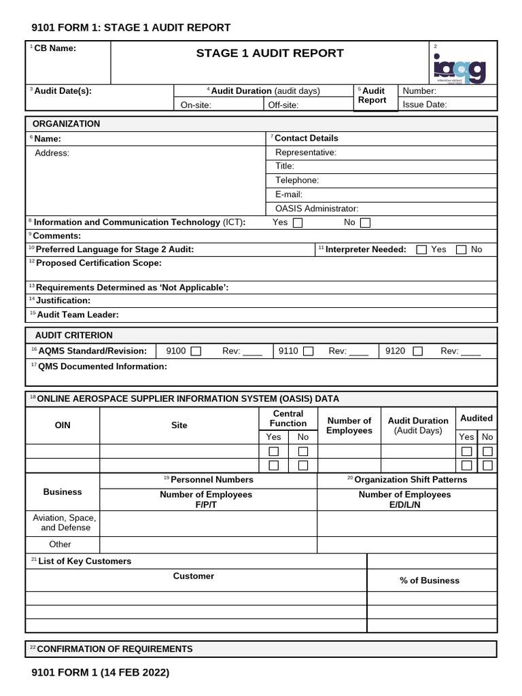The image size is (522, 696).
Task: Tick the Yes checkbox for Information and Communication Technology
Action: click(298, 222)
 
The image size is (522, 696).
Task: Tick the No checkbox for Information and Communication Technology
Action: click(365, 222)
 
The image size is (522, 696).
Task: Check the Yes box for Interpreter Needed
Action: click(421, 249)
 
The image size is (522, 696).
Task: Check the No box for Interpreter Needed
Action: click(462, 249)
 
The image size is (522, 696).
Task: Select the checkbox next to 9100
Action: click(196, 351)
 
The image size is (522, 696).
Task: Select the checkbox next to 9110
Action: click(308, 351)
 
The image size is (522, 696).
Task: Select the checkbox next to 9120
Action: click(417, 351)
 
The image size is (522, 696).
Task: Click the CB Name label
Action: click(54, 48)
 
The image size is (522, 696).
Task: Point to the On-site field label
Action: click(195, 105)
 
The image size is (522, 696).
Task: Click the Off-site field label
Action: click(283, 105)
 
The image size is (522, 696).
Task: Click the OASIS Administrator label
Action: click(317, 209)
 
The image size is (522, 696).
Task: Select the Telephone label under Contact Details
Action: click(297, 180)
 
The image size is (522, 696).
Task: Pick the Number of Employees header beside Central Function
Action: click(349, 425)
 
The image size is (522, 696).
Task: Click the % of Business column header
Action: click(430, 580)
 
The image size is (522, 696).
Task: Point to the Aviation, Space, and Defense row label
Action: click(62, 523)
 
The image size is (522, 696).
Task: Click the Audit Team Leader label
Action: click(77, 315)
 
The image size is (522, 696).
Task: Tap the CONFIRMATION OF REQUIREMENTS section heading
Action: click(114, 649)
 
